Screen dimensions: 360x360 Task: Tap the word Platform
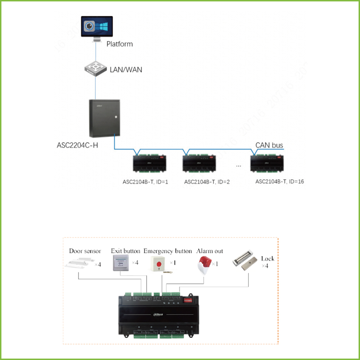tap(120, 44)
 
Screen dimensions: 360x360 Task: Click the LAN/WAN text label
tap(126, 70)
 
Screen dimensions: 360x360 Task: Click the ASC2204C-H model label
tap(77, 145)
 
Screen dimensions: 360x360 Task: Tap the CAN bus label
tap(269, 145)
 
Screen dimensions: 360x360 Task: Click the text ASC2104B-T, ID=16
tap(279, 182)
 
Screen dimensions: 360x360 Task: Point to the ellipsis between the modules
tap(239, 165)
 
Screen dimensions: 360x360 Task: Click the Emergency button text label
tap(168, 251)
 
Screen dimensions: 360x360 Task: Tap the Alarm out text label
tap(210, 251)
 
